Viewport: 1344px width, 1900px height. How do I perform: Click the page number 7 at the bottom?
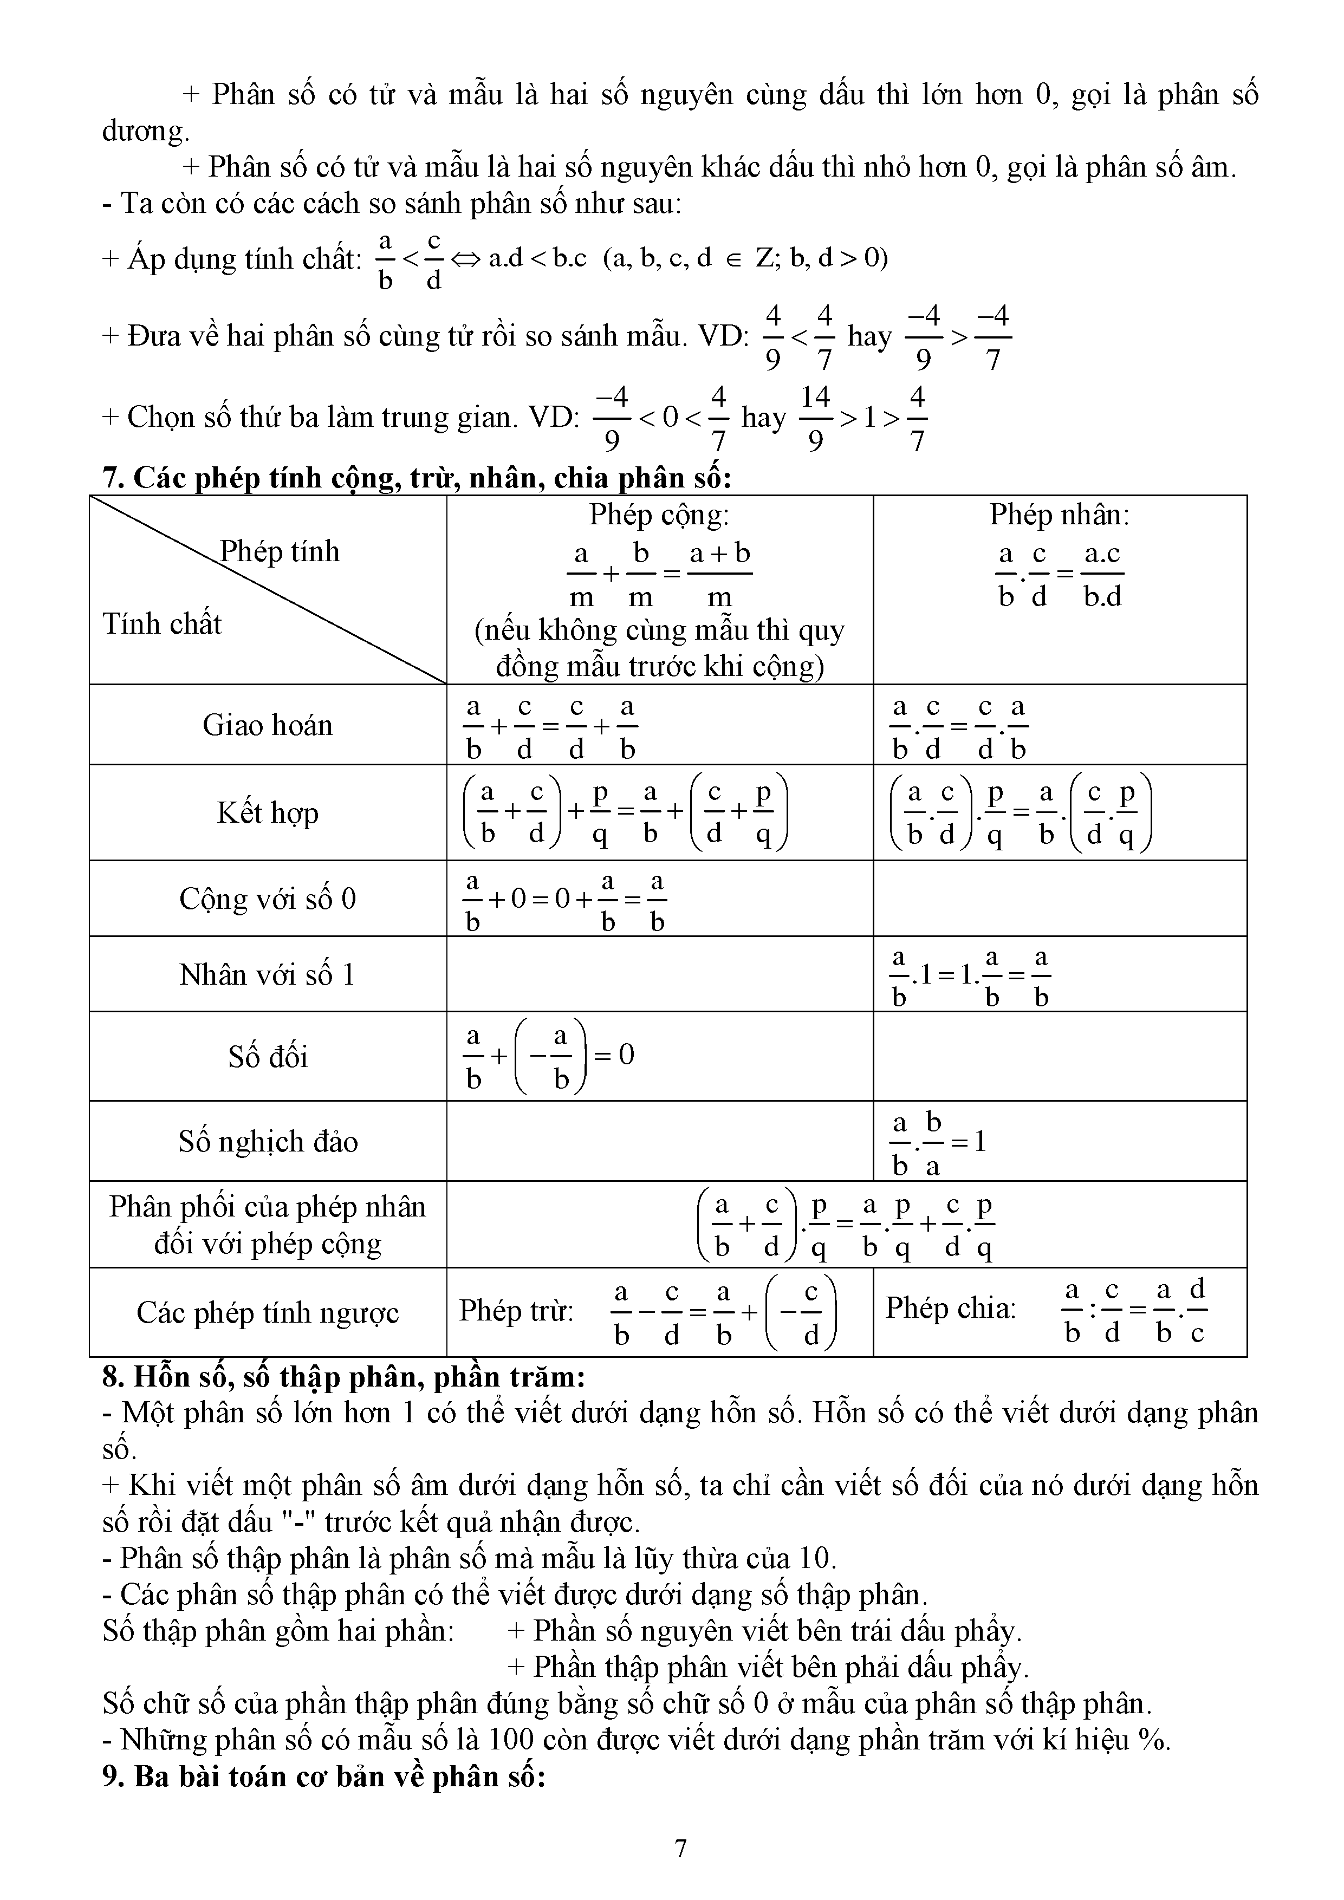[x=680, y=1848]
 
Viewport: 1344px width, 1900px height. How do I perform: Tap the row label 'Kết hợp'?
[x=267, y=812]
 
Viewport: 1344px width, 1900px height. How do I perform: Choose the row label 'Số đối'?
[x=267, y=1057]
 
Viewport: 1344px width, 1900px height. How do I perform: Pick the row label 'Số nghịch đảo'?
[x=267, y=1142]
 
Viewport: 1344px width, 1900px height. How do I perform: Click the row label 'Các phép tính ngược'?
[x=267, y=1312]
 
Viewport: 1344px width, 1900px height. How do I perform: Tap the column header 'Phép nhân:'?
[x=1059, y=516]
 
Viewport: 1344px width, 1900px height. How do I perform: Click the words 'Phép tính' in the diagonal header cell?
[x=280, y=552]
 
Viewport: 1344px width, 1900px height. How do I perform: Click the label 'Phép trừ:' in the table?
[x=516, y=1311]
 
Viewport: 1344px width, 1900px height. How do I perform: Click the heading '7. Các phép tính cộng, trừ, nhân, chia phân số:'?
[x=417, y=478]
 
